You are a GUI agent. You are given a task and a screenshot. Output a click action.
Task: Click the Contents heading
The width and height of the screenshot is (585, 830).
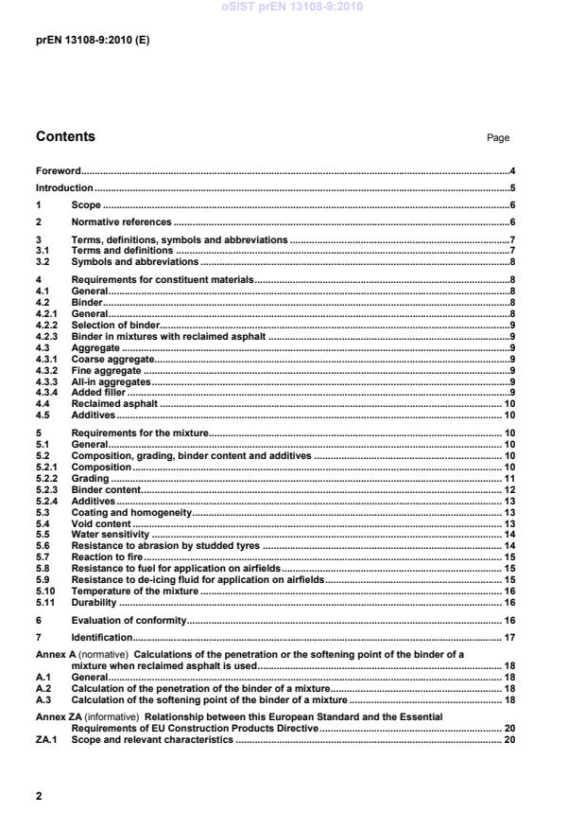tap(65, 136)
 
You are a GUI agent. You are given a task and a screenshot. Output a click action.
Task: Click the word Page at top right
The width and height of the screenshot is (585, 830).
tap(497, 138)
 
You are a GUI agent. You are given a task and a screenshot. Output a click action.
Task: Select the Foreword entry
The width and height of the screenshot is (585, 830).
tap(58, 171)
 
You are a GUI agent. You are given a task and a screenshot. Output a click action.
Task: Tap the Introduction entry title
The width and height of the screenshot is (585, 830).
tap(64, 188)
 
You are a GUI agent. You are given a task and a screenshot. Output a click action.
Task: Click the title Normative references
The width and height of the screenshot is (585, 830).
tap(122, 222)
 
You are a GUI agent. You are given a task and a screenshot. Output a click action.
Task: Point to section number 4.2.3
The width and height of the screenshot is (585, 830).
tap(47, 336)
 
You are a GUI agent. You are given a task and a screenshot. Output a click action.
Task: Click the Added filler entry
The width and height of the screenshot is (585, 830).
tap(98, 392)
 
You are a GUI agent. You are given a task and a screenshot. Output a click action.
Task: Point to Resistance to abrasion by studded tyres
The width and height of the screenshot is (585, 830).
tap(165, 546)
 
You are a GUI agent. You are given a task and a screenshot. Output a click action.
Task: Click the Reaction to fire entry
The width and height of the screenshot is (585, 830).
tap(106, 557)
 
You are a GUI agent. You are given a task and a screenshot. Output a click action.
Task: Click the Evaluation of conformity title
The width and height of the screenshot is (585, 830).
tap(129, 620)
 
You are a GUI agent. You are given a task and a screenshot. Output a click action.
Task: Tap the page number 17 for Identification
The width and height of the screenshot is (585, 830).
tap(509, 638)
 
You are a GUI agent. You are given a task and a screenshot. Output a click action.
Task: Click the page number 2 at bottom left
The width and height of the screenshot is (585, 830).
tap(39, 796)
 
